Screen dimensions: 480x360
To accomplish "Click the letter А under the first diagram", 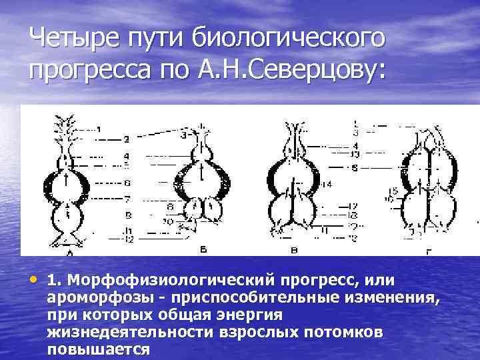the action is coord(70,254).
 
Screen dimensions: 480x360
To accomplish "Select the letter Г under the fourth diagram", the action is coord(427,251).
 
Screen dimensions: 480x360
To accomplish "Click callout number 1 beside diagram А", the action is coord(99,129).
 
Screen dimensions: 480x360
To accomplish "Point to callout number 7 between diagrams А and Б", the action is coord(126,199).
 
